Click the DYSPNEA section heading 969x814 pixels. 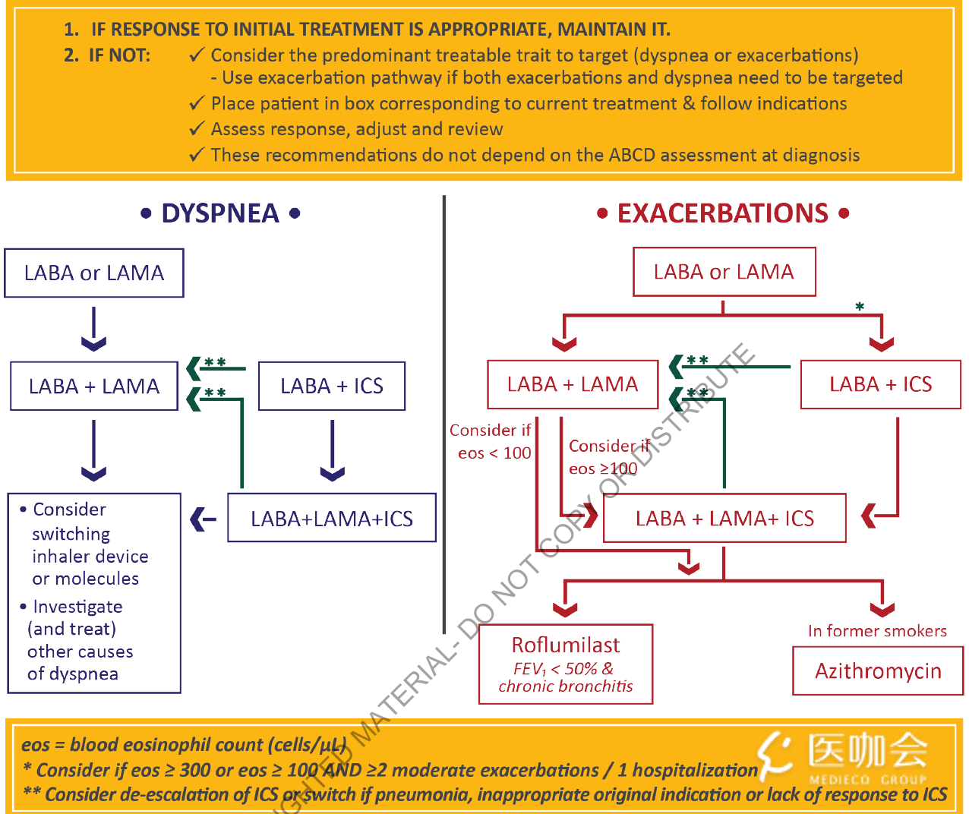pyautogui.click(x=220, y=213)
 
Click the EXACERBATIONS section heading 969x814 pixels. pyautogui.click(x=722, y=213)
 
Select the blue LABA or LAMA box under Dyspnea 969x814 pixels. pyautogui.click(x=94, y=273)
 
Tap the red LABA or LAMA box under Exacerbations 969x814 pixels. pyautogui.click(x=724, y=271)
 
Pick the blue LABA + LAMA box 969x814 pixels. pyautogui.click(x=94, y=386)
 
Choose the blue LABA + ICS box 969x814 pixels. pyautogui.click(x=332, y=386)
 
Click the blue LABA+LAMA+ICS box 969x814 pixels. pyautogui.click(x=332, y=518)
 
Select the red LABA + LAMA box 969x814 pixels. pyautogui.click(x=573, y=384)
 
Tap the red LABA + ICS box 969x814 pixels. pyautogui.click(x=880, y=384)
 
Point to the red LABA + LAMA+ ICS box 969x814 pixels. pyautogui.click(x=724, y=518)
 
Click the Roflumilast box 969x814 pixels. pyautogui.click(x=566, y=664)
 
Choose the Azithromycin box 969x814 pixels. pyautogui.click(x=878, y=670)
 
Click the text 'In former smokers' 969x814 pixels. pyautogui.click(x=877, y=631)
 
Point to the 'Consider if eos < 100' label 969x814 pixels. pyautogui.click(x=492, y=441)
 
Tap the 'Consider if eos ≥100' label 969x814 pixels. pyautogui.click(x=608, y=457)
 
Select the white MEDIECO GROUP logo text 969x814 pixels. pyautogui.click(x=867, y=780)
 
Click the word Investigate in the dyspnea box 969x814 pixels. pyautogui.click(x=77, y=607)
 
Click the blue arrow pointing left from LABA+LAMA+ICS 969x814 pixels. pyautogui.click(x=203, y=519)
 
